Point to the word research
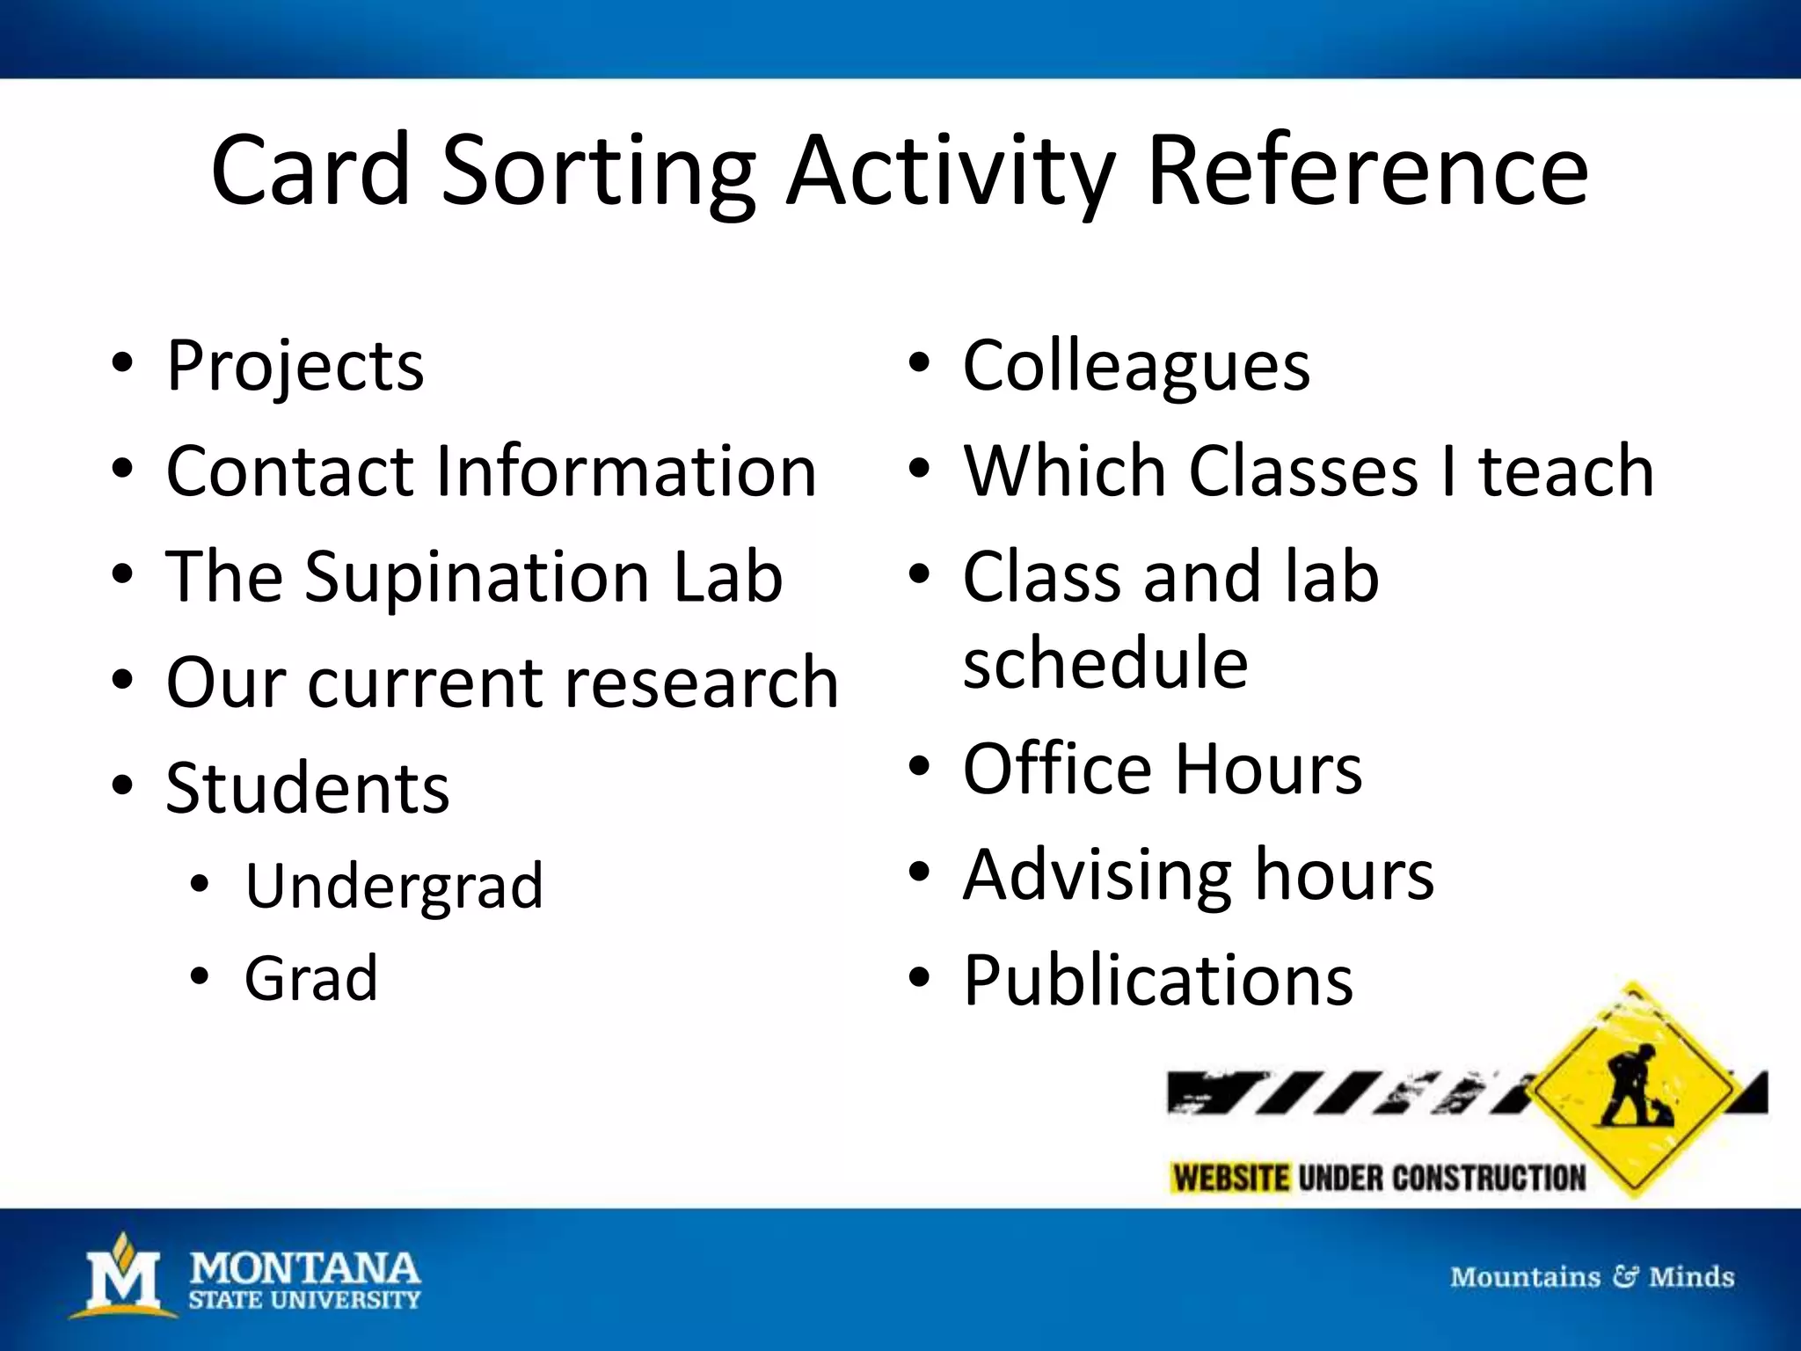pos(701,683)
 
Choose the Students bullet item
pos(307,788)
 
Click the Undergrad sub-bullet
pos(393,886)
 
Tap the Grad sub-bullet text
pos(310,978)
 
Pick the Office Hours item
pos(1162,769)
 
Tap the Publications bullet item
pos(1157,980)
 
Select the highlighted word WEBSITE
pos(1230,1178)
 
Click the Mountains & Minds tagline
pos(1592,1277)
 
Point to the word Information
pos(625,471)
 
